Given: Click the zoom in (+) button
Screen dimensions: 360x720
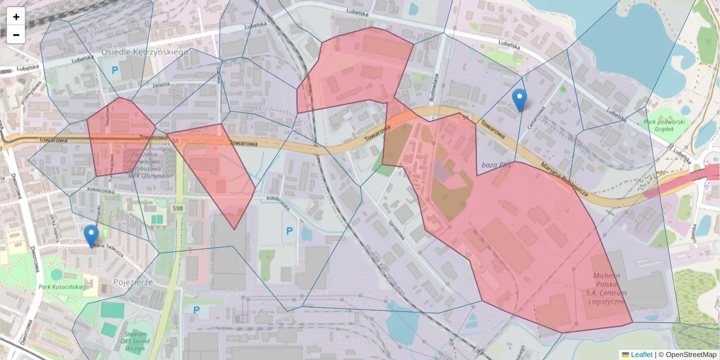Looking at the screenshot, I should [x=16, y=17].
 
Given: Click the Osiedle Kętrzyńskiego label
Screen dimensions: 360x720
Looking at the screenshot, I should [x=144, y=52].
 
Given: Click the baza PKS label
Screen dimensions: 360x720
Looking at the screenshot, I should [x=496, y=164].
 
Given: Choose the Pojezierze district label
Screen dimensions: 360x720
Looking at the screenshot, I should [x=133, y=281].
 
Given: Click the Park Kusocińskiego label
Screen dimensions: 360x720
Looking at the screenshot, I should [x=64, y=287].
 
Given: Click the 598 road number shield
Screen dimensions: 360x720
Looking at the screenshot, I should [x=178, y=208].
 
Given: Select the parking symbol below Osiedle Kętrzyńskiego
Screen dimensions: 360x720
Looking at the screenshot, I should [x=115, y=71].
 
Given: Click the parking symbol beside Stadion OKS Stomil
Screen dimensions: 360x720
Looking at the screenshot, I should [x=196, y=310].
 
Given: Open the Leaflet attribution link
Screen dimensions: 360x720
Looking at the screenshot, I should [x=641, y=355].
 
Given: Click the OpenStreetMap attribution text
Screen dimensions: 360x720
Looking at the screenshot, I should [x=688, y=355].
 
